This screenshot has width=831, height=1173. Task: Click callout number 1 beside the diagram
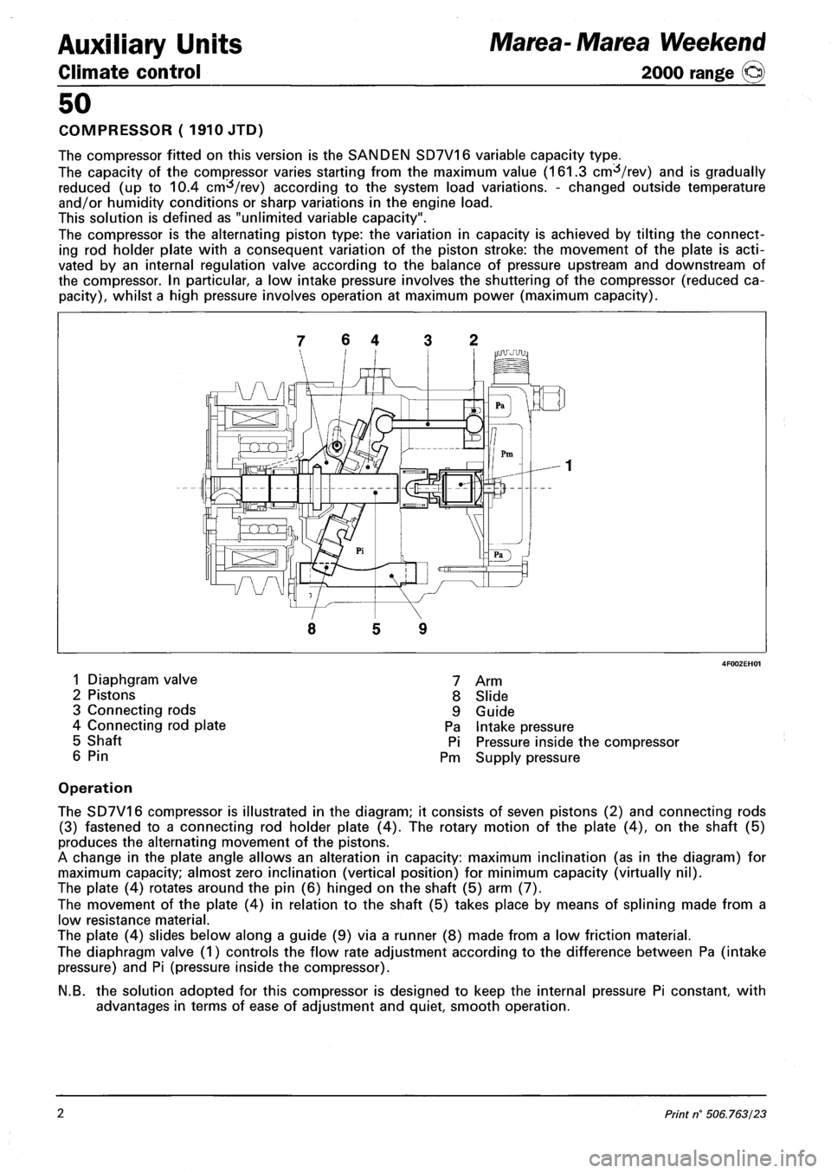tap(570, 466)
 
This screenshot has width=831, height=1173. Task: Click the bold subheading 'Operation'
tap(95, 789)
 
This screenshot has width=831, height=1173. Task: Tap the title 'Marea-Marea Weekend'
tap(669, 41)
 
